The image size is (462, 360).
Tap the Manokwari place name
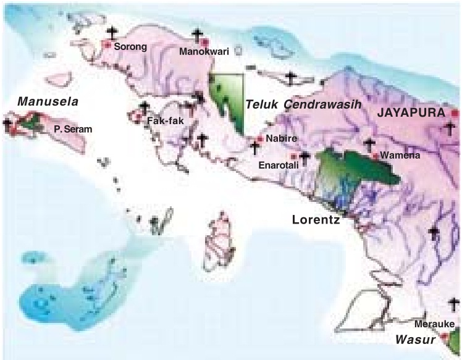click(x=199, y=52)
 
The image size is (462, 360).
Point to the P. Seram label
click(x=68, y=130)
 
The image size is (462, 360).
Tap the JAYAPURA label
click(x=411, y=114)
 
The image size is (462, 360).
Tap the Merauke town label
click(x=435, y=325)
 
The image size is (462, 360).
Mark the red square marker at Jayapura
click(x=456, y=114)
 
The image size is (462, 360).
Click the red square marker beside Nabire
click(x=261, y=139)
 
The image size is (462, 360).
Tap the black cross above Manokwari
click(x=198, y=36)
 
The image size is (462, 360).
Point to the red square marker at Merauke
click(x=443, y=337)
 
